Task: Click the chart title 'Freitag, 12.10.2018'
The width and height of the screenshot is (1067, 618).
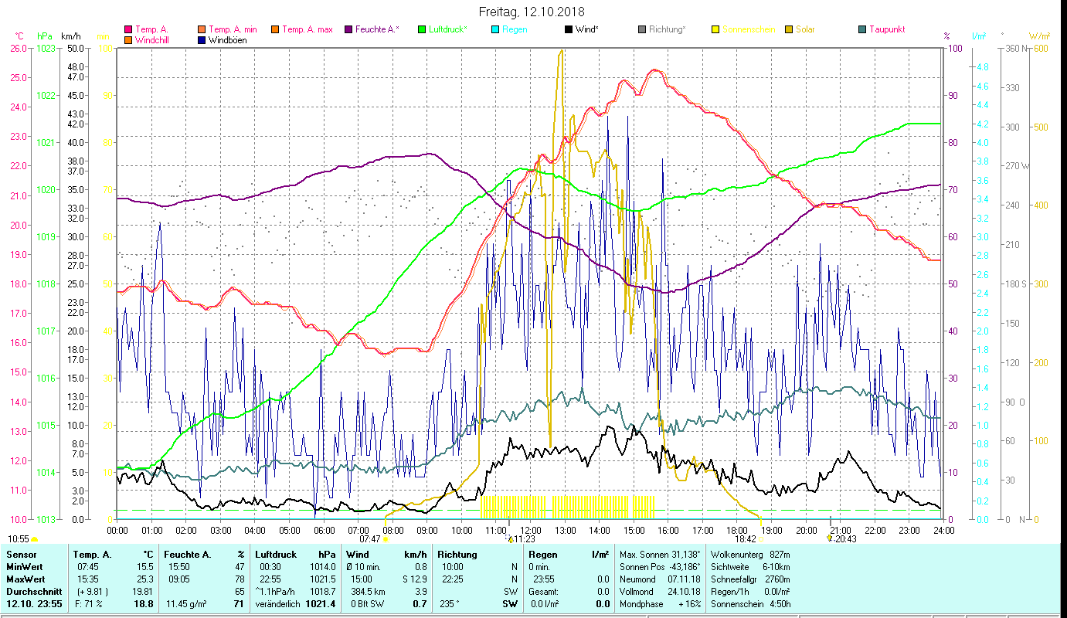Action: [x=532, y=12]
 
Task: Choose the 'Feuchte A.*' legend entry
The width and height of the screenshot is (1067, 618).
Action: [x=377, y=29]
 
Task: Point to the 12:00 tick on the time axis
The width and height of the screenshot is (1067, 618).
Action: [x=530, y=531]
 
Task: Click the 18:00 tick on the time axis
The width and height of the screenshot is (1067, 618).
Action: [x=737, y=531]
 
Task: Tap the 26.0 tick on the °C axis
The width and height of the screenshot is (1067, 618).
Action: [x=18, y=48]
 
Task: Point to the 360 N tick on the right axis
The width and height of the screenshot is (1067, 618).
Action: [x=1015, y=48]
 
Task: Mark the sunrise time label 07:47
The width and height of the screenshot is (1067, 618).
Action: [x=370, y=539]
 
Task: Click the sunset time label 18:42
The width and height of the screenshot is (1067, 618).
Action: [x=745, y=539]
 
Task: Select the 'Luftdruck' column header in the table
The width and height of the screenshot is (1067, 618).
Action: [x=276, y=554]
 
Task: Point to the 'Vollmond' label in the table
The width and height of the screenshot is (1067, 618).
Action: [x=637, y=590]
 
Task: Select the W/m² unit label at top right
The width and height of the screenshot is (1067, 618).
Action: [x=1038, y=36]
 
